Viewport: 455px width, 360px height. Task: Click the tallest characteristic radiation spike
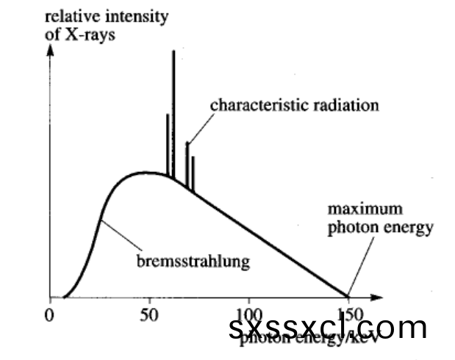173,110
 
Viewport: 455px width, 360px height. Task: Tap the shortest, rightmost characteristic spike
193,173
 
